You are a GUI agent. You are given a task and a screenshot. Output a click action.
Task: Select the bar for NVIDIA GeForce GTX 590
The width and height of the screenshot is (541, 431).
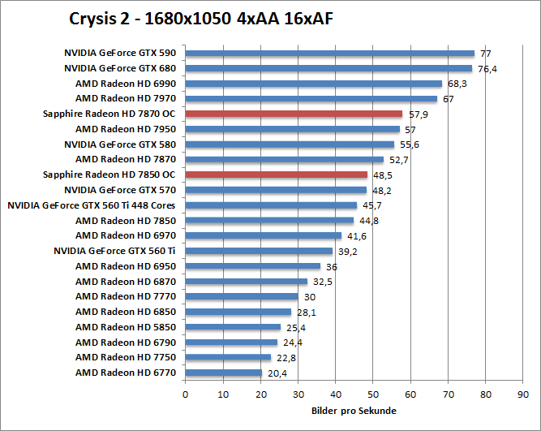pyautogui.click(x=330, y=54)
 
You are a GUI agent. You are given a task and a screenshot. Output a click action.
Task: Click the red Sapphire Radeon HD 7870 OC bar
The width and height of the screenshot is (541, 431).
pyautogui.click(x=294, y=114)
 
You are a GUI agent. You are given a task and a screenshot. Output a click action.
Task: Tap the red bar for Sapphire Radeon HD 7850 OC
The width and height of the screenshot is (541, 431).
pyautogui.click(x=277, y=175)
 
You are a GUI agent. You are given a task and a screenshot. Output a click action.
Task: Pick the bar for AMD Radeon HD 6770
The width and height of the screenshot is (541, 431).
pyautogui.click(x=224, y=373)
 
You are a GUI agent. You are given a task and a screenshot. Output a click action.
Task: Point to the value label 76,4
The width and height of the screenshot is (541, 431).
pyautogui.click(x=487, y=69)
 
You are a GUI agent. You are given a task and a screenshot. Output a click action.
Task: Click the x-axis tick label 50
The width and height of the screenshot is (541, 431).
pyautogui.click(x=373, y=394)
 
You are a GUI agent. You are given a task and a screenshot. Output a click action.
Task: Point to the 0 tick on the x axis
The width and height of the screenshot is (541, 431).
pyautogui.click(x=186, y=394)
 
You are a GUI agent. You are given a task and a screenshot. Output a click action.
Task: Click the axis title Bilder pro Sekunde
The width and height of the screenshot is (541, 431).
pyautogui.click(x=354, y=411)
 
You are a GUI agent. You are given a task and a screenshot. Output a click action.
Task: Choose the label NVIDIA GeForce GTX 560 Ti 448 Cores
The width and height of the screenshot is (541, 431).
pyautogui.click(x=92, y=205)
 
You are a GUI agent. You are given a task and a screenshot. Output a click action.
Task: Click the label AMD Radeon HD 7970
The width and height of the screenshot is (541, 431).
pyautogui.click(x=126, y=99)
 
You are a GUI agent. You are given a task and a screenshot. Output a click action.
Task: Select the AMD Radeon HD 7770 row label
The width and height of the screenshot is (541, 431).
pyautogui.click(x=126, y=296)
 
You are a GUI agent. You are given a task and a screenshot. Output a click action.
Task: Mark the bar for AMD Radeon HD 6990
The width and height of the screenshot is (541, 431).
pyautogui.click(x=314, y=84)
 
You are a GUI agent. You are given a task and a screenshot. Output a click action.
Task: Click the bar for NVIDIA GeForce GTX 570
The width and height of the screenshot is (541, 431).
pyautogui.click(x=276, y=190)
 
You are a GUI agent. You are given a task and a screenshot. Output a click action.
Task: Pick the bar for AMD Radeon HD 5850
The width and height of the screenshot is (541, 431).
pyautogui.click(x=233, y=327)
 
